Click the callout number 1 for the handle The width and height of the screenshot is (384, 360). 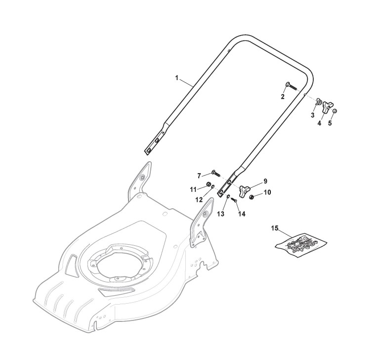(x=176, y=78)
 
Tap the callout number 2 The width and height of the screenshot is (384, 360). (x=283, y=96)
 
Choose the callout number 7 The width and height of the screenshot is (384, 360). (x=199, y=176)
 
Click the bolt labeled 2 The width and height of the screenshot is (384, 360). (x=290, y=86)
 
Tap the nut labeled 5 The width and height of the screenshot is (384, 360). (x=334, y=111)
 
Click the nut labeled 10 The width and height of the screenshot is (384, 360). (x=253, y=197)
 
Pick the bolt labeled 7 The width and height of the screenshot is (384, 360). (x=216, y=173)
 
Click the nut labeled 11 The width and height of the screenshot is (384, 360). (x=209, y=186)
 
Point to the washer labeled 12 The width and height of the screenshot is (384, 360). (x=213, y=193)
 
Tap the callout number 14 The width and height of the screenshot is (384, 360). (x=242, y=214)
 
